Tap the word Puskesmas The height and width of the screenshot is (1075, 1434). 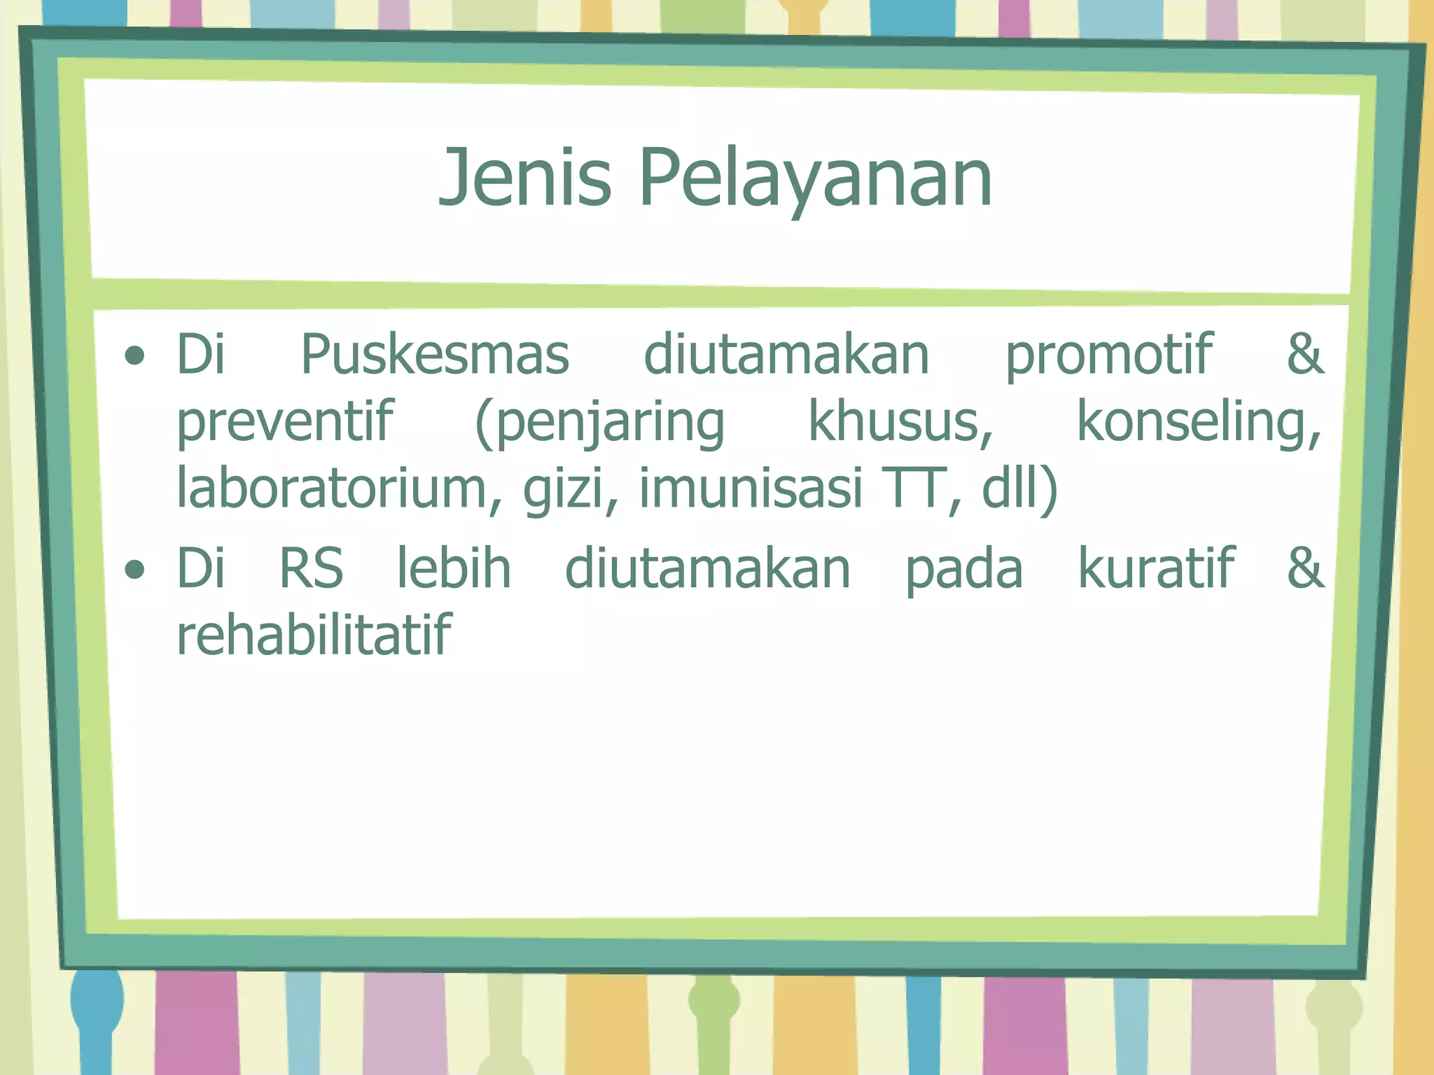click(x=435, y=355)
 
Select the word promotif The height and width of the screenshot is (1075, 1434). click(x=1108, y=355)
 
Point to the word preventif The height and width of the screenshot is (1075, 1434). click(x=285, y=422)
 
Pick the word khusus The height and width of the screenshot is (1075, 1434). click(x=900, y=422)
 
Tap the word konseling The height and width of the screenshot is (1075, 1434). click(x=1198, y=422)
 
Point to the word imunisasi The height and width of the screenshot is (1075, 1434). click(x=751, y=489)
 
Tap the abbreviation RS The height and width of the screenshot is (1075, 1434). click(x=312, y=568)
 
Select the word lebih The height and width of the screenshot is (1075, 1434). click(x=454, y=568)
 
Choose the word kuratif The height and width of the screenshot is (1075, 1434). click(x=1156, y=568)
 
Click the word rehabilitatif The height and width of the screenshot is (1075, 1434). click(x=314, y=635)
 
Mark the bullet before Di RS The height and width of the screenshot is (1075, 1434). click(x=134, y=570)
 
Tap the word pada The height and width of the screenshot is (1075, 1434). click(x=964, y=568)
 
